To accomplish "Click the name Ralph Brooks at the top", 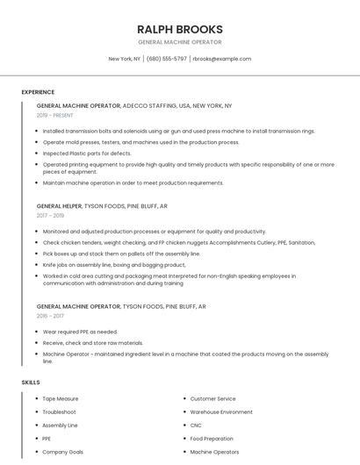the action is pyautogui.click(x=179, y=29).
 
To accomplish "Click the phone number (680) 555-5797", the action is pyautogui.click(x=167, y=59).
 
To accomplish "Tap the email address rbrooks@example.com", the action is pyautogui.click(x=221, y=59).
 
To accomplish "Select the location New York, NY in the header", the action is pyautogui.click(x=124, y=59).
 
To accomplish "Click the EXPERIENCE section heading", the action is pyautogui.click(x=38, y=92).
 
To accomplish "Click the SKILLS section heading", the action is pyautogui.click(x=30, y=383).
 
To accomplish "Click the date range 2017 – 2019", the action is pyautogui.click(x=50, y=215).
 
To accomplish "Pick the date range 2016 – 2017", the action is pyautogui.click(x=50, y=316).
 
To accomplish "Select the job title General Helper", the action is pyautogui.click(x=59, y=205).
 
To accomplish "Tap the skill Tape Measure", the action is pyautogui.click(x=61, y=399).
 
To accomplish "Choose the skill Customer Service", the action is pyautogui.click(x=212, y=399).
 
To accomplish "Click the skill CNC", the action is pyautogui.click(x=197, y=426).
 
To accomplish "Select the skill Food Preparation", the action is pyautogui.click(x=212, y=439).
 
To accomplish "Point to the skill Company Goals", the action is pyautogui.click(x=62, y=452).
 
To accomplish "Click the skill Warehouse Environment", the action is pyautogui.click(x=221, y=412).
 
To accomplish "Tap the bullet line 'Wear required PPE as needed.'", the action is pyautogui.click(x=80, y=333).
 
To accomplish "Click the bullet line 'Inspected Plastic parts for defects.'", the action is pyautogui.click(x=87, y=153).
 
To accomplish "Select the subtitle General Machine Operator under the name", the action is pyautogui.click(x=179, y=42).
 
